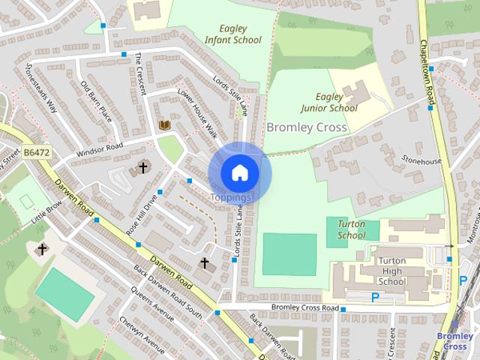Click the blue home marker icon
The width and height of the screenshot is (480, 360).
tap(239, 172)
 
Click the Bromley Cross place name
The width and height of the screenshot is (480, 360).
tap(307, 127)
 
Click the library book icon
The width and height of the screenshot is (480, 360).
tap(164, 124)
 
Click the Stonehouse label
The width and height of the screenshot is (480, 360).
tap(422, 160)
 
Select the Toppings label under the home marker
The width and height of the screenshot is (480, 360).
tap(230, 197)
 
